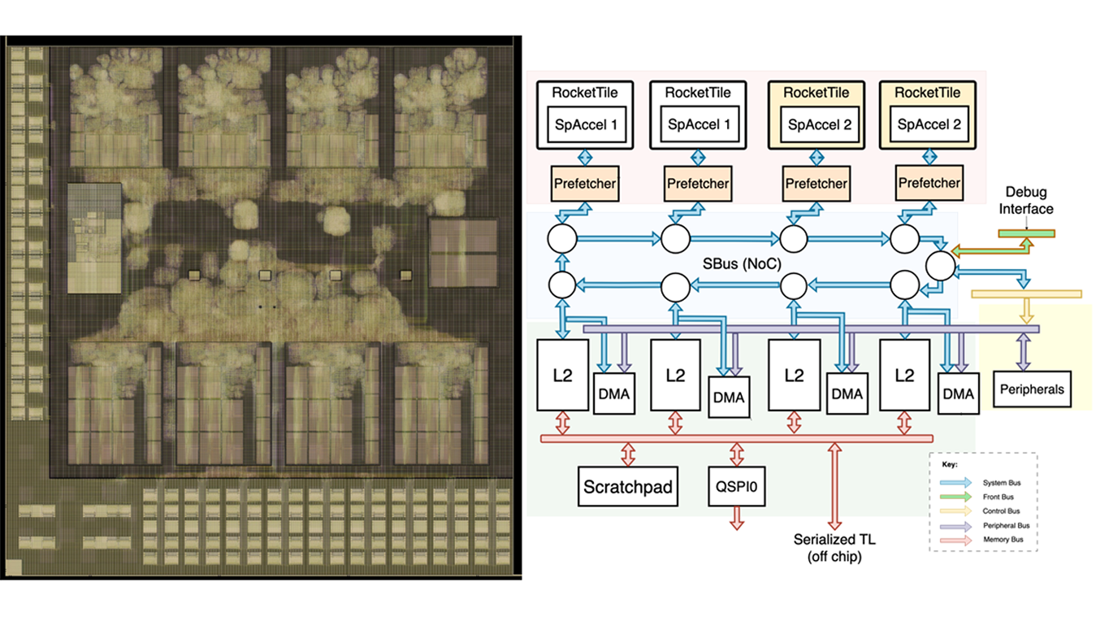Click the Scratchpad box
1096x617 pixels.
coord(629,488)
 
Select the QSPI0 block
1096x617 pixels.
coord(738,488)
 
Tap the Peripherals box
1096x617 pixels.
coord(1033,389)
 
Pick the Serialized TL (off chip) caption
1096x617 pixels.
coord(834,547)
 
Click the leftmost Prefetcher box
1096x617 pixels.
coord(584,184)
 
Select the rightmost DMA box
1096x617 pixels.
coord(959,394)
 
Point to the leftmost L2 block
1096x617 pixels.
coord(562,376)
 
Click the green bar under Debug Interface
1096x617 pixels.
coord(1026,234)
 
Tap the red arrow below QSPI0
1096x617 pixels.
coord(737,518)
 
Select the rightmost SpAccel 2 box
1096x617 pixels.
coord(926,124)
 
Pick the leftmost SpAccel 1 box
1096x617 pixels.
coord(585,124)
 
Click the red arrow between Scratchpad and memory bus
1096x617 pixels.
coord(628,453)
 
